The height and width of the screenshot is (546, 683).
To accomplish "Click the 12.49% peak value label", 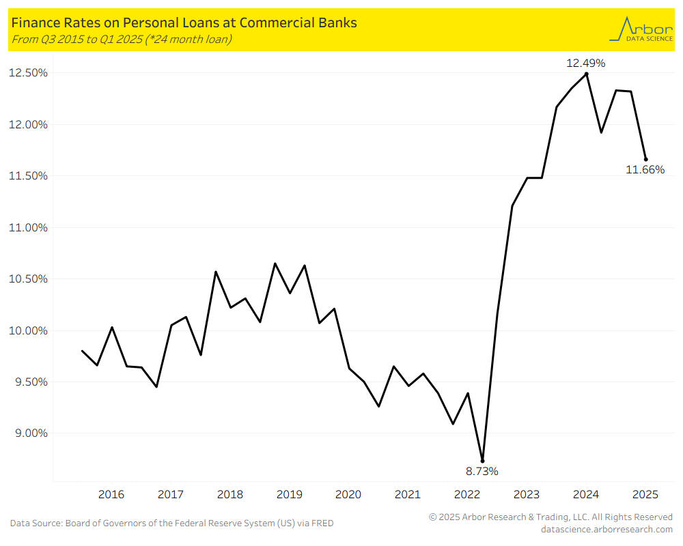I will [x=585, y=63].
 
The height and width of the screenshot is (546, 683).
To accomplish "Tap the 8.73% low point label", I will [x=482, y=471].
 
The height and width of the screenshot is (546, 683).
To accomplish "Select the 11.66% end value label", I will [x=645, y=170].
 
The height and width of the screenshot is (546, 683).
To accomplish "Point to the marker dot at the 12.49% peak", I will [x=587, y=74].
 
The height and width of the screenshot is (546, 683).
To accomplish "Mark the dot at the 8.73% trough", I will [x=482, y=461].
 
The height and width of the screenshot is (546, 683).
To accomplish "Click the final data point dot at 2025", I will [x=645, y=159].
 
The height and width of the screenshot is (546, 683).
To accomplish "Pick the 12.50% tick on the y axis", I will [x=28, y=73].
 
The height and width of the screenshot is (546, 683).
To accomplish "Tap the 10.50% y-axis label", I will [x=28, y=279].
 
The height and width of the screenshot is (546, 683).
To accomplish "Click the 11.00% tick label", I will [x=28, y=227].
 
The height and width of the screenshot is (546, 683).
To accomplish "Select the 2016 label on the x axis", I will [x=111, y=494].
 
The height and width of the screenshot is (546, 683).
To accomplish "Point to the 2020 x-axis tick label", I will [x=348, y=494].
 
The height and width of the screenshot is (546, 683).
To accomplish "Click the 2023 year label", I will [x=527, y=494].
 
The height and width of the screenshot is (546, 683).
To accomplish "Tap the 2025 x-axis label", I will [x=645, y=494].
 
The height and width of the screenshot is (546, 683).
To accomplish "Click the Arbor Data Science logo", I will [x=639, y=29].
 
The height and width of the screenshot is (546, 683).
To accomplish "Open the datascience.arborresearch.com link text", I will [x=607, y=529].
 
